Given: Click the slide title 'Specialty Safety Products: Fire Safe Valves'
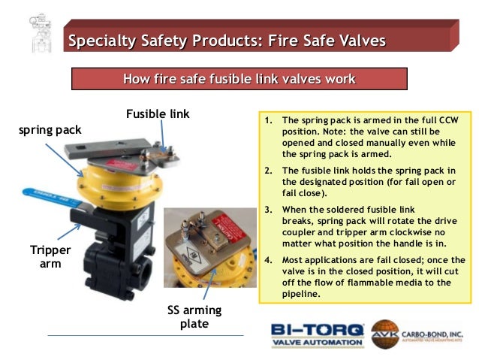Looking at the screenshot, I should (x=227, y=39).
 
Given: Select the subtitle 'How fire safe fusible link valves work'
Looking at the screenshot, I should (x=239, y=79).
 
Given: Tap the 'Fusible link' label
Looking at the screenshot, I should (x=158, y=114).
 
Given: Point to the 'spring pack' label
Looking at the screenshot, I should (x=50, y=130).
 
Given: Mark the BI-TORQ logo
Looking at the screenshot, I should (x=317, y=329).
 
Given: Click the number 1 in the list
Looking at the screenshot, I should (x=267, y=120).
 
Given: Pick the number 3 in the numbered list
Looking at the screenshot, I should (x=267, y=209).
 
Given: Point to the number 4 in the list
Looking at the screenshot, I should (x=267, y=260).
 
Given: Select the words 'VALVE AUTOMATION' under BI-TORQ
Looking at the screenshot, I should (x=317, y=343).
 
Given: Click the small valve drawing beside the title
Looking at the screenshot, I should (x=32, y=32).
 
